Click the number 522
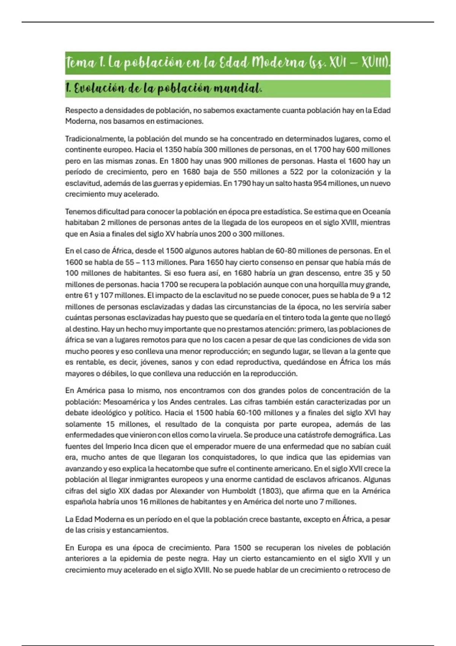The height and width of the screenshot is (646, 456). click(296, 172)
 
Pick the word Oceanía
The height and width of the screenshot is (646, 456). click(376, 212)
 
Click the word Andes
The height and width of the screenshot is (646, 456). click(181, 402)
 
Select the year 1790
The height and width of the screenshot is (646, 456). click(242, 183)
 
